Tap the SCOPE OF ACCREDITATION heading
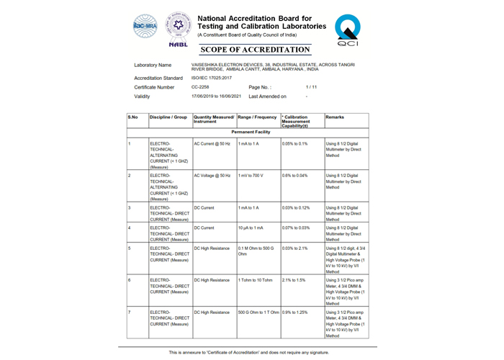point(255,50)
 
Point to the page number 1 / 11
point(311,86)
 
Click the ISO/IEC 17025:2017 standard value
point(212,77)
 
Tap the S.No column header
point(132,116)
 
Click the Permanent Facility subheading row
point(251,132)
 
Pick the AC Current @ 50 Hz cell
point(212,144)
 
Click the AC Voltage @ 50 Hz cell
point(212,175)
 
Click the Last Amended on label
point(267,96)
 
